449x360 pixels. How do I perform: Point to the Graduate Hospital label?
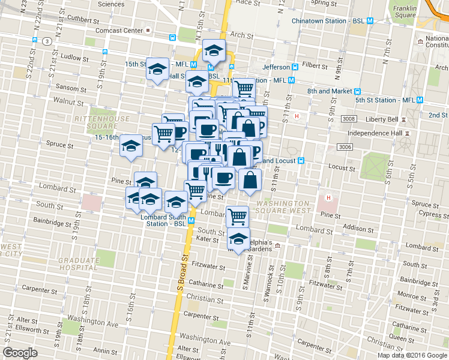pyautogui.click(x=79, y=265)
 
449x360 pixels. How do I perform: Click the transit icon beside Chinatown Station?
pyautogui.click(x=370, y=20)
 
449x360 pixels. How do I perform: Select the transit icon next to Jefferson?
pyautogui.click(x=295, y=67)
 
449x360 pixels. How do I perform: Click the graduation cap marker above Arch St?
pyautogui.click(x=213, y=51)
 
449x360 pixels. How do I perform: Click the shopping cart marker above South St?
pyautogui.click(x=238, y=215)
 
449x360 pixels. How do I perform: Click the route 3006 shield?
pyautogui.click(x=344, y=147)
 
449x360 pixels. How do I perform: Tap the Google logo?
pyautogui.click(x=20, y=352)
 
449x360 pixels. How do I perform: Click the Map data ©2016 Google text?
pyautogui.click(x=411, y=355)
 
